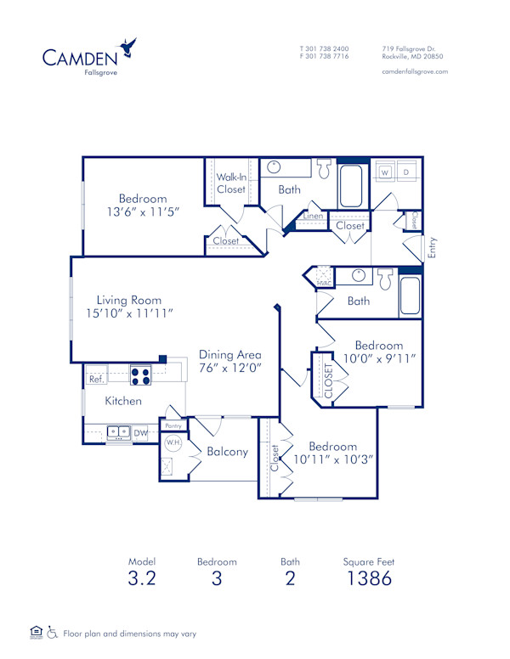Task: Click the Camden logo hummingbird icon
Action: click(127, 48)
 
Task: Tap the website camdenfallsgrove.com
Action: click(415, 72)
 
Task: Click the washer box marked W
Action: click(384, 172)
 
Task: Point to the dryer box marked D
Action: click(405, 172)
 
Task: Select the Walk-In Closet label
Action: click(230, 183)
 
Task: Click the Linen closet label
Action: click(312, 217)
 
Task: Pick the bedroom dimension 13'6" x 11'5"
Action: click(143, 212)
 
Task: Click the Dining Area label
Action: click(229, 355)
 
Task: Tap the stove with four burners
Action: click(140, 375)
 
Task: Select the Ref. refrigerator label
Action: click(96, 380)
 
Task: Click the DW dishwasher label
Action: click(140, 433)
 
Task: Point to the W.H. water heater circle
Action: click(173, 443)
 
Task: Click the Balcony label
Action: click(228, 452)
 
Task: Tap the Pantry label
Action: click(173, 426)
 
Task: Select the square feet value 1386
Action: click(369, 579)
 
